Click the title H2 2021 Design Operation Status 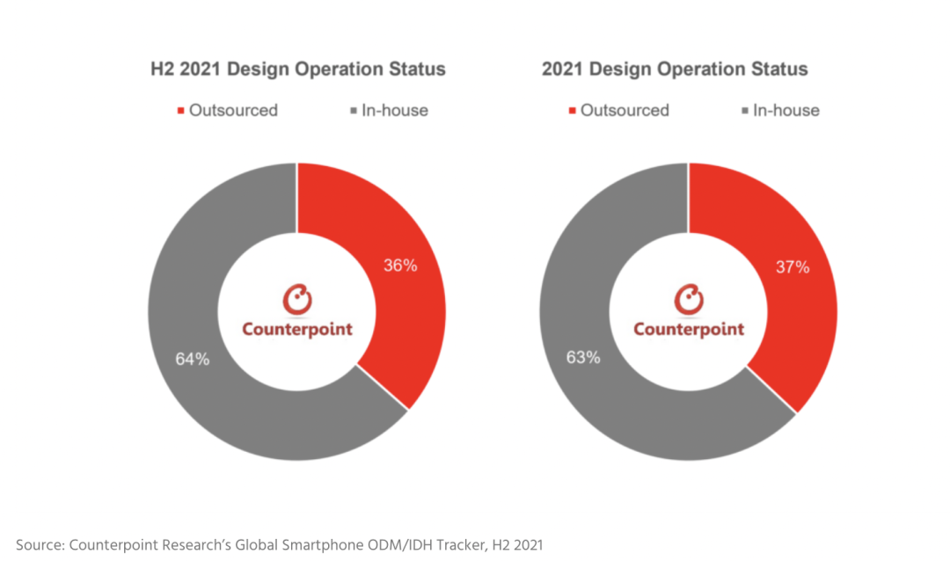click(x=297, y=69)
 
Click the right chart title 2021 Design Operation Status click(x=675, y=69)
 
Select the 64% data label click(x=191, y=359)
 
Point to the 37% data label click(x=793, y=267)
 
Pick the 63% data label click(x=582, y=357)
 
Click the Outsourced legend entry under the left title click(x=228, y=110)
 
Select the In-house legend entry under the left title click(x=389, y=110)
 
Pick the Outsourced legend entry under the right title click(x=619, y=110)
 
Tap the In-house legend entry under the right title click(x=780, y=110)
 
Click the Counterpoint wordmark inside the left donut click(x=297, y=330)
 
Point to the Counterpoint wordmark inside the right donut click(x=689, y=330)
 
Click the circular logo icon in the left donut click(x=297, y=300)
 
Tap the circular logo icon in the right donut click(x=689, y=300)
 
